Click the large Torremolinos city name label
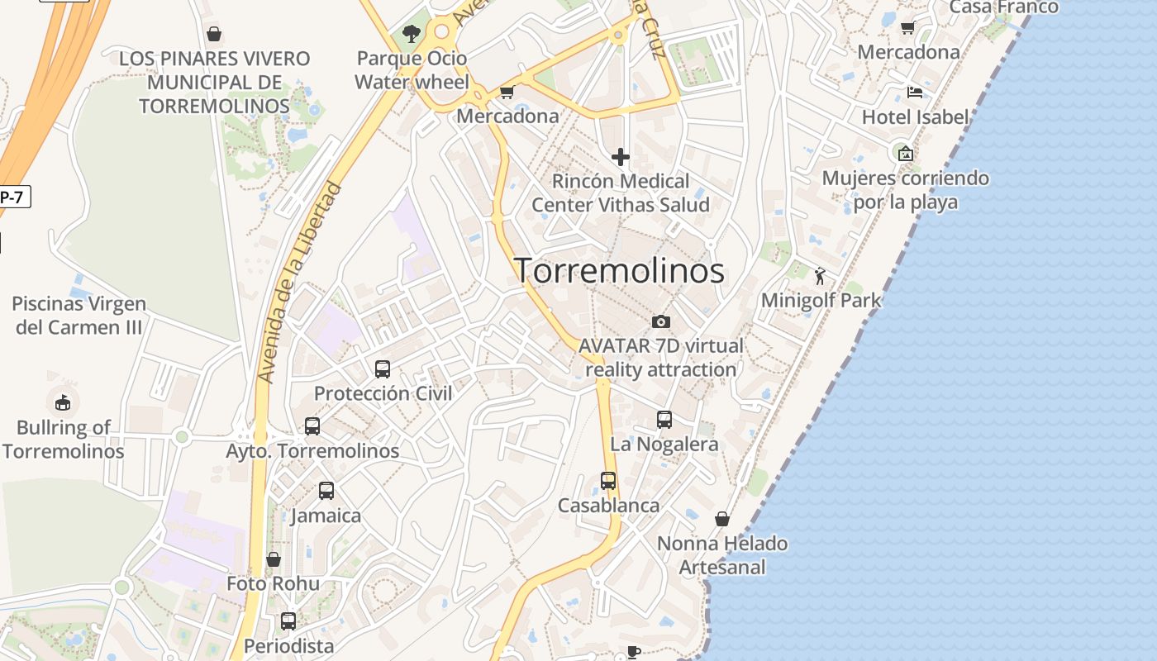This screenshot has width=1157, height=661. click(x=620, y=271)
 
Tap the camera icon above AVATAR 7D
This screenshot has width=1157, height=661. click(x=661, y=321)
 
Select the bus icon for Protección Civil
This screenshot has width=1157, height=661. click(x=383, y=369)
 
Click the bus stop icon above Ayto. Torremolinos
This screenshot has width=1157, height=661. click(x=312, y=426)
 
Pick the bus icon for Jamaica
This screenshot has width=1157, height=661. click(x=326, y=491)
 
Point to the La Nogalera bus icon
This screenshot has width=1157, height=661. click(x=664, y=420)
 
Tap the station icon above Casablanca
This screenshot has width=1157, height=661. click(x=608, y=481)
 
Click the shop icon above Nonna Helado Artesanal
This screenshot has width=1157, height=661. click(x=722, y=519)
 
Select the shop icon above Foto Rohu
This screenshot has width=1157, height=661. click(x=274, y=559)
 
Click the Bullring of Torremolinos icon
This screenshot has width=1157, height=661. click(x=63, y=402)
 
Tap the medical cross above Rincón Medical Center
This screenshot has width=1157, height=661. click(x=620, y=156)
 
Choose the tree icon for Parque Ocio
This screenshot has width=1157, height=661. click(x=411, y=34)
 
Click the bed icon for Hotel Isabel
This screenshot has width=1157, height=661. click(x=914, y=92)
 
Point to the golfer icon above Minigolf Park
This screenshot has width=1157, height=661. click(x=820, y=276)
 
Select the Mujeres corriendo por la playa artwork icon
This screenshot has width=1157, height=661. click(x=906, y=153)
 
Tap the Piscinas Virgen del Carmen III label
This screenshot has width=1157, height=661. click(x=79, y=316)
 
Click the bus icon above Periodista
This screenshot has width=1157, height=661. click(x=288, y=621)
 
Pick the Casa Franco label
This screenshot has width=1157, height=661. click(x=1003, y=7)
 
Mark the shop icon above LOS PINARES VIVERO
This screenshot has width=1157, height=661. click(x=214, y=34)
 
